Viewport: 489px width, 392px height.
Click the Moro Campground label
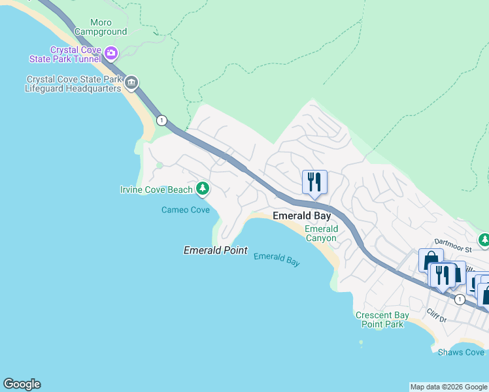101,27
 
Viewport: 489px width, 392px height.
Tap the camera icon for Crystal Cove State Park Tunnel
111,52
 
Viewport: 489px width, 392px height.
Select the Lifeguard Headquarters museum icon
131,82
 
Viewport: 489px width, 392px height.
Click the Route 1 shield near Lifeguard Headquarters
162,120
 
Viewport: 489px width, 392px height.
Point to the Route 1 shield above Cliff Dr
460,299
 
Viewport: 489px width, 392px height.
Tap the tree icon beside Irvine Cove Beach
203,189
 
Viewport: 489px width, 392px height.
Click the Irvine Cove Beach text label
156,189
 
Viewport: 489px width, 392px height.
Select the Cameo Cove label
186,210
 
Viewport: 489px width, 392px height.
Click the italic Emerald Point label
215,250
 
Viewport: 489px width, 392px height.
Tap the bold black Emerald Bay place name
301,216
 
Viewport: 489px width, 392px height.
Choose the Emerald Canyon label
321,233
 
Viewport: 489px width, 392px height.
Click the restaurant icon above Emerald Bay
314,182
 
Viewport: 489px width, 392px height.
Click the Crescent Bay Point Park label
382,319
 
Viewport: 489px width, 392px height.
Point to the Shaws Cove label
461,352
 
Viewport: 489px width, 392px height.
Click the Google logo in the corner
22,384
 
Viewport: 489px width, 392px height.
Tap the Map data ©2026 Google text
449,387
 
